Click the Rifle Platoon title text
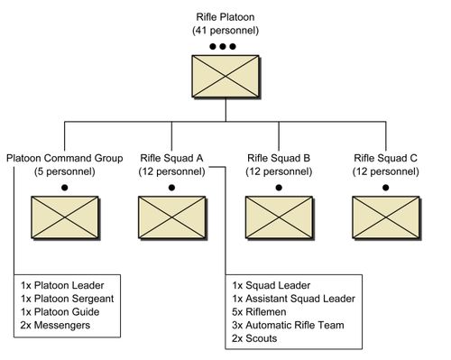225,17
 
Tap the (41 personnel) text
225,31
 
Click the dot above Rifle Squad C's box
385,187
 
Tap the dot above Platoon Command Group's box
64,187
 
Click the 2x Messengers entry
55,325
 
